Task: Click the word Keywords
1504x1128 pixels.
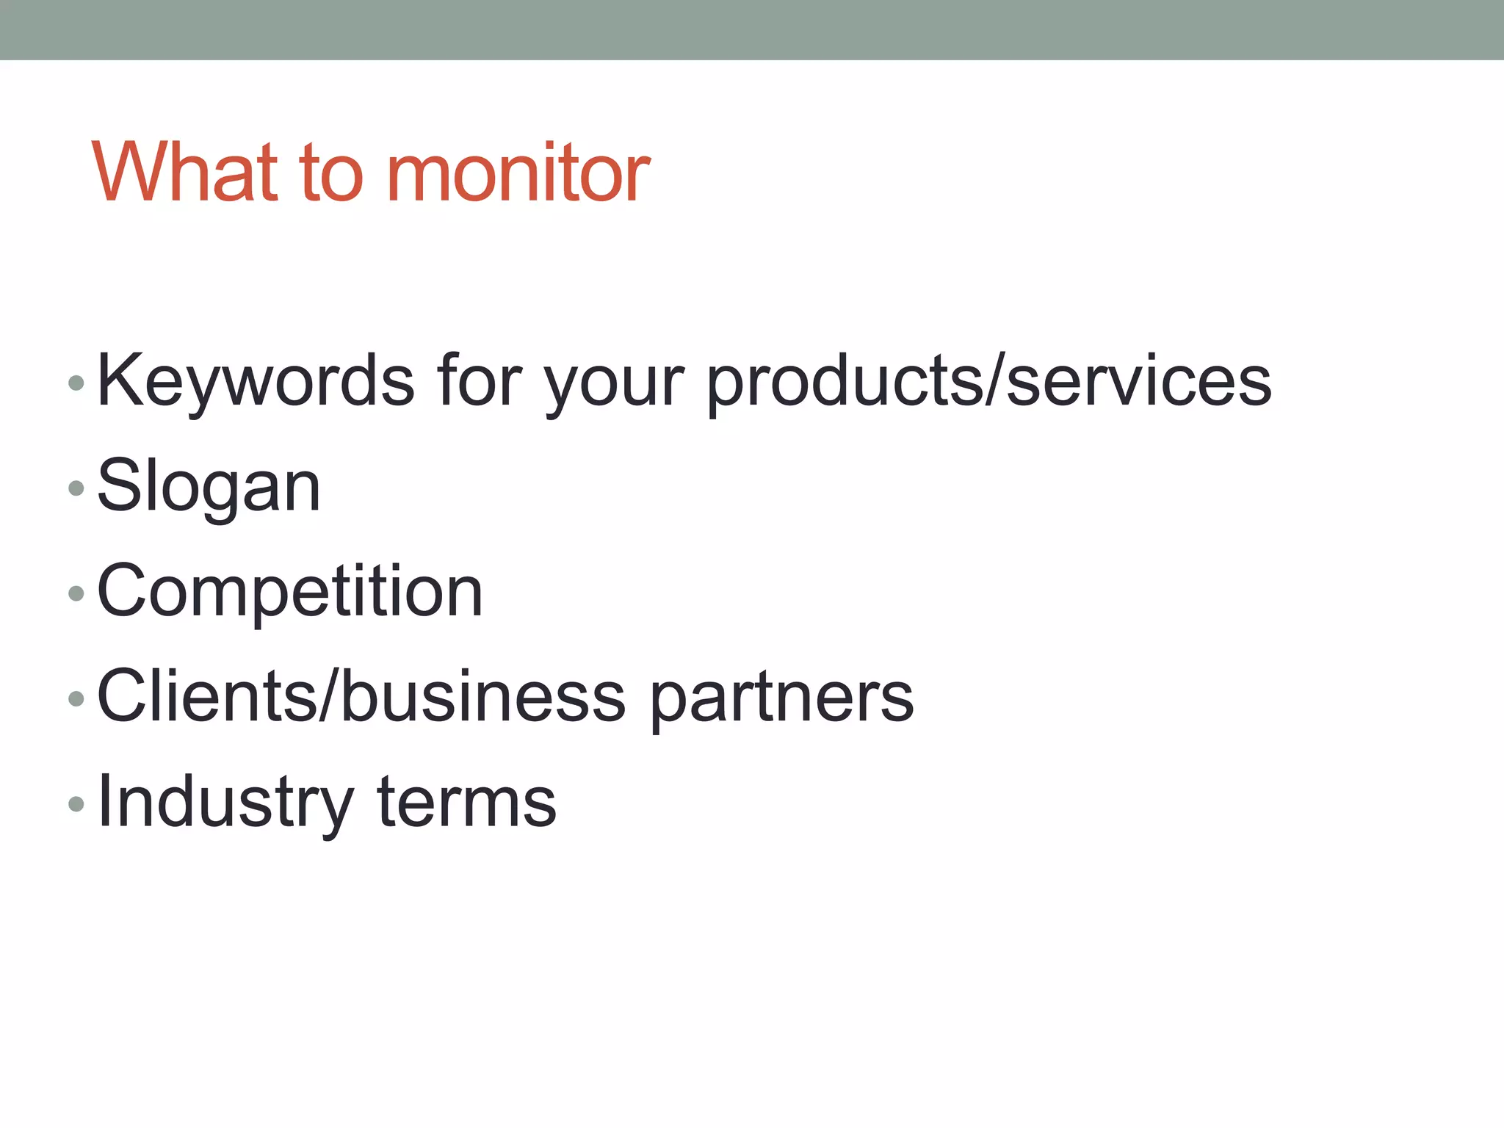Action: pos(256,381)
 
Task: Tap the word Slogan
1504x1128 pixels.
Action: pos(209,487)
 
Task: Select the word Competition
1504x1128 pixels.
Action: pos(289,592)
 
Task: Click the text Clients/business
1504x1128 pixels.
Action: pos(361,696)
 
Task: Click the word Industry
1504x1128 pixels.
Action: pos(225,803)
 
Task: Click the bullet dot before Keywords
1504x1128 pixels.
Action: pos(76,383)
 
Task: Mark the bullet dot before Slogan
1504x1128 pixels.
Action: pos(76,488)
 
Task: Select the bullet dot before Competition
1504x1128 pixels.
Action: pos(76,593)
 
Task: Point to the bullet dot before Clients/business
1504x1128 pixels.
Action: pos(76,698)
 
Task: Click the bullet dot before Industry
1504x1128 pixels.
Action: pos(76,804)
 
